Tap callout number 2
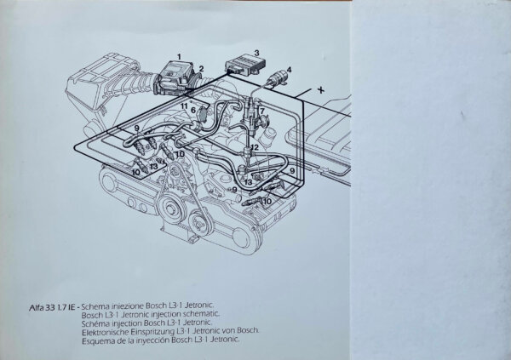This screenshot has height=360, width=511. click(202, 68)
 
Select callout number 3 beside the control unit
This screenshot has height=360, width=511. click(255, 53)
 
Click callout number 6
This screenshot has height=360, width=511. click(194, 110)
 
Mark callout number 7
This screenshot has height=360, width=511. click(262, 112)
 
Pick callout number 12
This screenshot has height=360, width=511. click(254, 148)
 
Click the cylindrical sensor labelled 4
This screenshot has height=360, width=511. click(277, 82)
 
